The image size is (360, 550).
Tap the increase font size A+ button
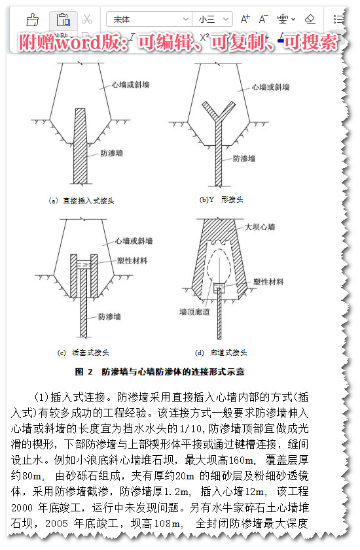(245, 20)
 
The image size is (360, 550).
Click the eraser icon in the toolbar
(310, 20)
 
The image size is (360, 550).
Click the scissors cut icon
(86, 20)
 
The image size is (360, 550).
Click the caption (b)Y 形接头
(221, 199)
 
